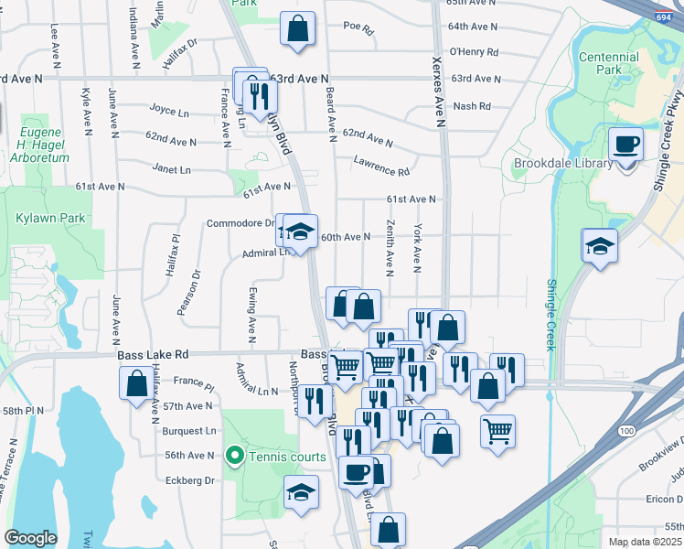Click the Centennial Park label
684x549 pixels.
pyautogui.click(x=609, y=63)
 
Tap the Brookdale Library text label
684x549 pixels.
pyautogui.click(x=550, y=164)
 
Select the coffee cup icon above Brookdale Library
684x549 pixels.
pyautogui.click(x=626, y=145)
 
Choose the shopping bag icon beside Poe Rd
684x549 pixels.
pyautogui.click(x=298, y=28)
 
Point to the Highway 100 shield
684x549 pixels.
pyautogui.click(x=626, y=430)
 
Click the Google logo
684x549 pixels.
pyautogui.click(x=31, y=538)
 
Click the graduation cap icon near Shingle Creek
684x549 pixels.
pyautogui.click(x=600, y=245)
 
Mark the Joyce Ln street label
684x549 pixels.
pyautogui.click(x=169, y=110)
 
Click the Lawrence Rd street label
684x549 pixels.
pyautogui.click(x=381, y=166)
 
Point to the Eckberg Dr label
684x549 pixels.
pyautogui.click(x=190, y=479)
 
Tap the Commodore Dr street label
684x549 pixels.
pyautogui.click(x=240, y=223)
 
